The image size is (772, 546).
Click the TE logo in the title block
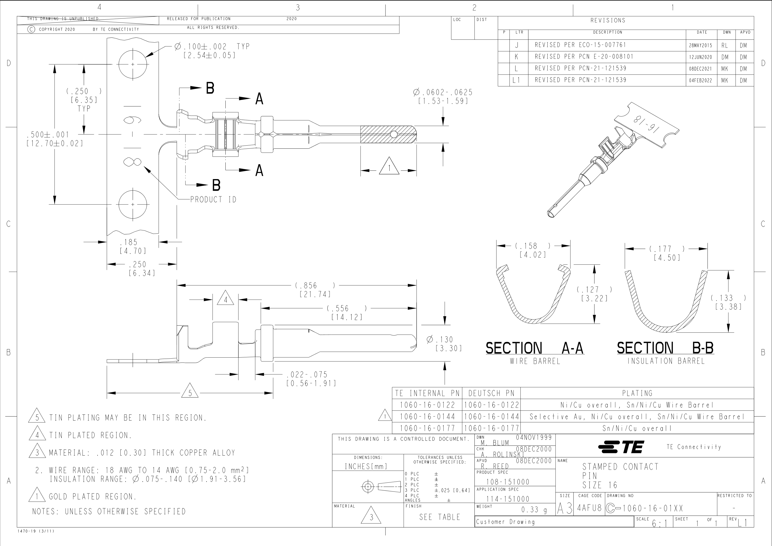point(621,447)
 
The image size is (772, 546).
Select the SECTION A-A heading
point(535,348)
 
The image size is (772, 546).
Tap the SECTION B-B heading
point(665,348)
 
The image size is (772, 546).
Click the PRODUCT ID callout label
point(213,200)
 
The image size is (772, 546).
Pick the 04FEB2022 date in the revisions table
point(701,80)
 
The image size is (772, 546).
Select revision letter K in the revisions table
point(516,57)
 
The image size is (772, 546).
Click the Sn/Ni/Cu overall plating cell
point(637,428)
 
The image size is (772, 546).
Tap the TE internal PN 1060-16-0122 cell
point(427,405)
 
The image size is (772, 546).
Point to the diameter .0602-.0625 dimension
point(443,92)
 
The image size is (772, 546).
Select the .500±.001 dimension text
point(48,135)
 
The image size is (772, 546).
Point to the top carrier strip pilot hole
point(133,64)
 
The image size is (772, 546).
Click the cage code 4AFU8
point(589,508)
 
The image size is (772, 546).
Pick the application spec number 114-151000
point(508,499)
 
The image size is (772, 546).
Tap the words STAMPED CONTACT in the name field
point(620,467)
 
